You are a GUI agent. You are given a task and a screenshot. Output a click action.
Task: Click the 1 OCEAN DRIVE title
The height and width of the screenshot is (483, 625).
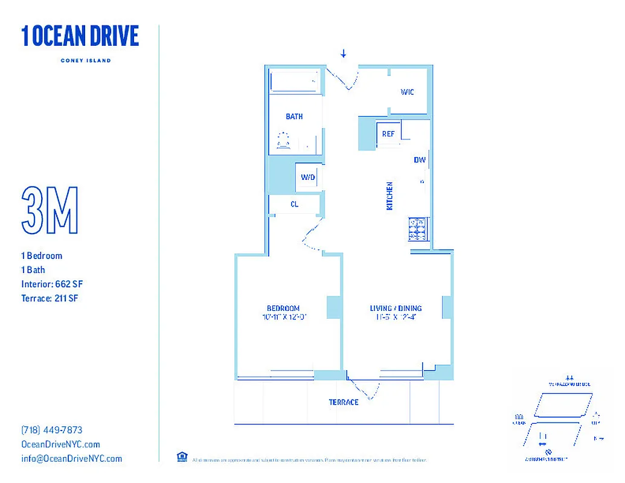pos(80,36)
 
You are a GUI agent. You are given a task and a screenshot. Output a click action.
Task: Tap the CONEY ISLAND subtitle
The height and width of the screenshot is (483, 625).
pos(85,60)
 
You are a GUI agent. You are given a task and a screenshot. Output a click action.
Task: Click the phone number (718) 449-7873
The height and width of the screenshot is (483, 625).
pos(52,430)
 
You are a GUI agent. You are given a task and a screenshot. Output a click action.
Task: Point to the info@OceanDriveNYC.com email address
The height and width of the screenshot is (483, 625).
pos(71,458)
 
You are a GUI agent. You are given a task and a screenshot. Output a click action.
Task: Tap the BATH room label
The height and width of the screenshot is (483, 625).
pos(294,117)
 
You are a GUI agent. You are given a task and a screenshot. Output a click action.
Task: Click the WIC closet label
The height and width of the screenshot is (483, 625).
pos(407,92)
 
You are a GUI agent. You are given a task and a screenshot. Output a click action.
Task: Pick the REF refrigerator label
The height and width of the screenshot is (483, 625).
pos(388,134)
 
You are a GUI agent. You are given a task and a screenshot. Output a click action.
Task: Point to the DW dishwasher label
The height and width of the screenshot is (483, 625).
pos(420,160)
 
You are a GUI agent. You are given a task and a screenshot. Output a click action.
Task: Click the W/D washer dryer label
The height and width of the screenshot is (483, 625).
pos(308,178)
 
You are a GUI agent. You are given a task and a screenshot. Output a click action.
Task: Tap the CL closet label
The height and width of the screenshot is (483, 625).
pos(294,205)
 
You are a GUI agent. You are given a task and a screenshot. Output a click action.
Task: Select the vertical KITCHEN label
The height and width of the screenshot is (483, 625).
pos(389,196)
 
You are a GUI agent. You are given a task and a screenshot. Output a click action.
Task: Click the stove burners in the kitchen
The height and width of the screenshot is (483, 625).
pos(418,228)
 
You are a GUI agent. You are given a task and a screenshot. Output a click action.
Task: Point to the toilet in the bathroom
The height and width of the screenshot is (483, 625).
pos(283,141)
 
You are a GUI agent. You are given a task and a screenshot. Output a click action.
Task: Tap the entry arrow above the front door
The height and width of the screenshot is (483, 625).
pos(344,54)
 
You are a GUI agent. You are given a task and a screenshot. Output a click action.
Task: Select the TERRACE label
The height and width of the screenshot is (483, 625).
pos(344,402)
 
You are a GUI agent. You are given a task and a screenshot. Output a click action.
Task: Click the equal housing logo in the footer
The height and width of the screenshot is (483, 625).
pos(181,457)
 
